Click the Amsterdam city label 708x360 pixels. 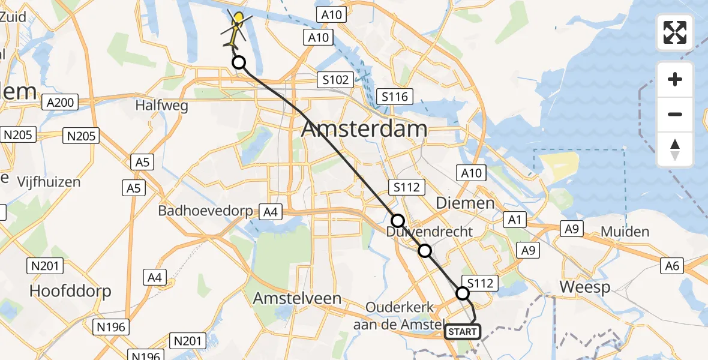pyautogui.click(x=365, y=128)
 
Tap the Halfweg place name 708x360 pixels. pyautogui.click(x=161, y=106)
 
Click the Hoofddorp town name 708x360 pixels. pyautogui.click(x=71, y=292)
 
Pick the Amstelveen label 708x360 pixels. pyautogui.click(x=297, y=298)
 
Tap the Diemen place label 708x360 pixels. pyautogui.click(x=465, y=203)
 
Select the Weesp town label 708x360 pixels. pyautogui.click(x=585, y=287)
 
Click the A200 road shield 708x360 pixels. pyautogui.click(x=60, y=103)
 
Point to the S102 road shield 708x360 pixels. pyautogui.click(x=334, y=80)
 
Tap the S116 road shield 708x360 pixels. pyautogui.click(x=394, y=97)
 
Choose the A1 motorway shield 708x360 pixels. pyautogui.click(x=514, y=220)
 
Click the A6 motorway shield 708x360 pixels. pyautogui.click(x=672, y=265)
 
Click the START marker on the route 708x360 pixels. pyautogui.click(x=463, y=331)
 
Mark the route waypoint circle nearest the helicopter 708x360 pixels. pyautogui.click(x=239, y=62)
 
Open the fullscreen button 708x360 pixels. pyautogui.click(x=675, y=32)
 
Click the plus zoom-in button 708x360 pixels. pyautogui.click(x=675, y=79)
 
